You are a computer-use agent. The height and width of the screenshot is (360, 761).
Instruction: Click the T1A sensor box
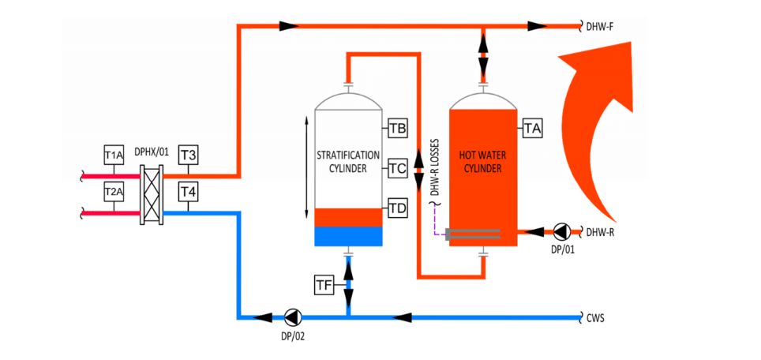coord(114,155)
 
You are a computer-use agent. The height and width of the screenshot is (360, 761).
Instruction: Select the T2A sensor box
coord(114,191)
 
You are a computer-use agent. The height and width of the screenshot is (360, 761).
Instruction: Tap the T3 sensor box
coord(188,155)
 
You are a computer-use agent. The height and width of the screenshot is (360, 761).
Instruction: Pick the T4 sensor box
coord(188,191)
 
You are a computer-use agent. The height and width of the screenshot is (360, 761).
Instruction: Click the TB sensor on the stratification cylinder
coord(398,128)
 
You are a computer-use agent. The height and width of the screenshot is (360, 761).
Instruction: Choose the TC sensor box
coord(398,167)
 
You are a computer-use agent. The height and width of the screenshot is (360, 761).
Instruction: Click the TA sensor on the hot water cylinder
coord(533,128)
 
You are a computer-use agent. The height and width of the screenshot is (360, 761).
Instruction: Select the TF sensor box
coord(324,286)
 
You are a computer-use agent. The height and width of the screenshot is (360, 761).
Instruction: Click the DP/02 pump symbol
coord(293,317)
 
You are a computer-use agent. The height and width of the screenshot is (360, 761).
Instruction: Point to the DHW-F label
coord(600,27)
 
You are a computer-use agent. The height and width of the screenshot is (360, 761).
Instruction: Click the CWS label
coord(595,318)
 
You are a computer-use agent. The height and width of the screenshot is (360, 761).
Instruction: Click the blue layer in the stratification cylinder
coord(348,236)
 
